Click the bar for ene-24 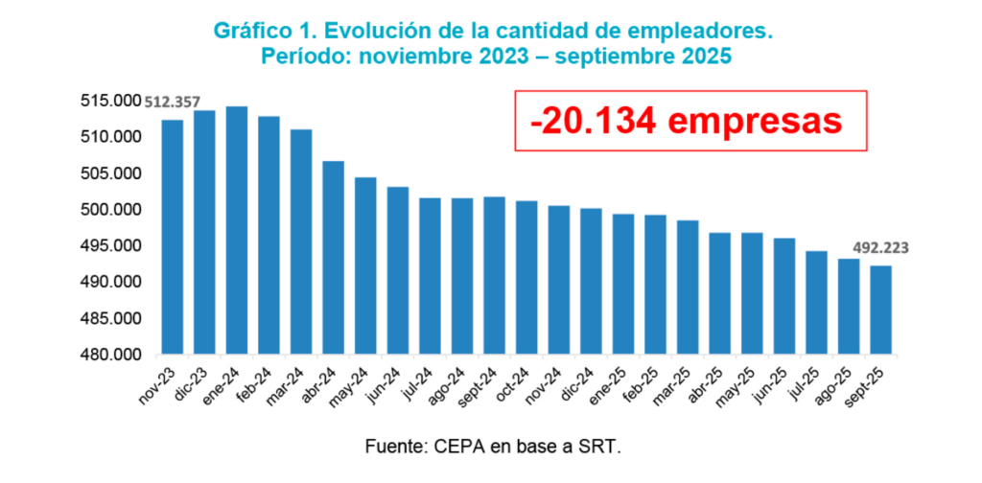pyautogui.click(x=236, y=230)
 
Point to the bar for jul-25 pyautogui.click(x=816, y=302)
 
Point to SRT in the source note pyautogui.click(x=603, y=447)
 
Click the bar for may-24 pyautogui.click(x=365, y=265)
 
